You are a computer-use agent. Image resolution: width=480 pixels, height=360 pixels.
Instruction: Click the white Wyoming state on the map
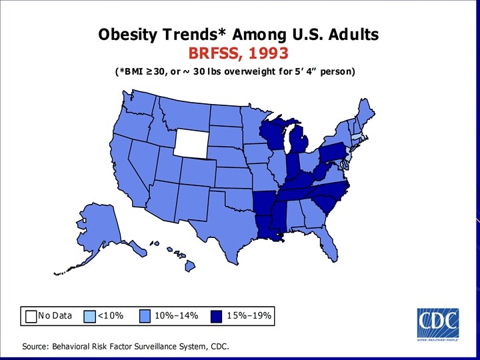[x=192, y=141]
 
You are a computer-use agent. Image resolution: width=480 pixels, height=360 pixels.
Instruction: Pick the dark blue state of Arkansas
[x=264, y=203]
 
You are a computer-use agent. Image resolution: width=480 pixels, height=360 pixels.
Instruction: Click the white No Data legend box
[x=31, y=315]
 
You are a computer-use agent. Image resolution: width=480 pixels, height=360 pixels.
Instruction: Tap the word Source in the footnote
[x=39, y=347]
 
